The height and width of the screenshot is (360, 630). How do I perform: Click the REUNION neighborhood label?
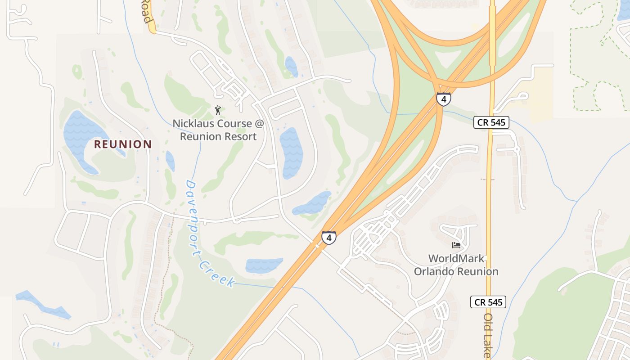122,144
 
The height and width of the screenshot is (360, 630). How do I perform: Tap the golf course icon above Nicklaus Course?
218,110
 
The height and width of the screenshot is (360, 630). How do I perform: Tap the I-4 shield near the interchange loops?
443,99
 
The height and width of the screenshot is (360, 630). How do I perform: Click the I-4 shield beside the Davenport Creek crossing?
328,238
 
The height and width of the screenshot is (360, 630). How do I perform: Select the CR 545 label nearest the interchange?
491,122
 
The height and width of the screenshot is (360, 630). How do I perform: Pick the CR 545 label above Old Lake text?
488,302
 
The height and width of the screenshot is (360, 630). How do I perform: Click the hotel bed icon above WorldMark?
456,245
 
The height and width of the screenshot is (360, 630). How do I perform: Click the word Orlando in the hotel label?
434,271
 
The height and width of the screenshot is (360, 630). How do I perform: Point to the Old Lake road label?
487,335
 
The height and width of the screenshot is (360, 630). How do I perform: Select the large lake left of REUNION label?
81,135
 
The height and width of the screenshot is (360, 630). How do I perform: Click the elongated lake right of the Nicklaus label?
291,152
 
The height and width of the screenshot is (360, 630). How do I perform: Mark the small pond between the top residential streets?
291,66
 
